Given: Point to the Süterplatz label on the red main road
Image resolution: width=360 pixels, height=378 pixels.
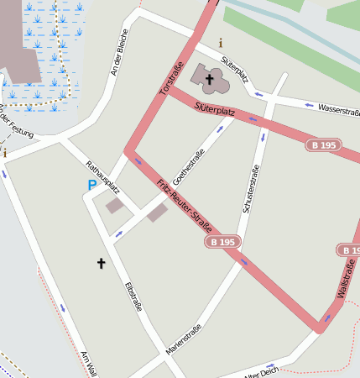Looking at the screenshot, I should click(213, 108).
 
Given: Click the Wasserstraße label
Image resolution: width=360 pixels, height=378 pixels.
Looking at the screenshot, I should click(339, 112).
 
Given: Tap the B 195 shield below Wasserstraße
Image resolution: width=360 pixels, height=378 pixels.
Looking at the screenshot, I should click(323, 145).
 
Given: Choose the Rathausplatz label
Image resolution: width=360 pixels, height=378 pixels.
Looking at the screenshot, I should click(103, 176).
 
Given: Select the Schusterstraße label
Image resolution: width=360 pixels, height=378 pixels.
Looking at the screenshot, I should click(250, 188).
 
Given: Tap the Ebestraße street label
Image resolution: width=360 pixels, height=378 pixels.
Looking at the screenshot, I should click(133, 296).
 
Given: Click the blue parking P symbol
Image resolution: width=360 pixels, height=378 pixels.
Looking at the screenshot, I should click(91, 185).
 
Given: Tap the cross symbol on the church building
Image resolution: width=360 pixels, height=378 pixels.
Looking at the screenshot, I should click(209, 78).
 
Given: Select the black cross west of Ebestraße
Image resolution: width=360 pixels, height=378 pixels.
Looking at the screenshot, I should click(102, 263).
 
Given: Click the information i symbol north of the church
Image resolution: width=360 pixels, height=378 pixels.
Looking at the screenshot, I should click(221, 42).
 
